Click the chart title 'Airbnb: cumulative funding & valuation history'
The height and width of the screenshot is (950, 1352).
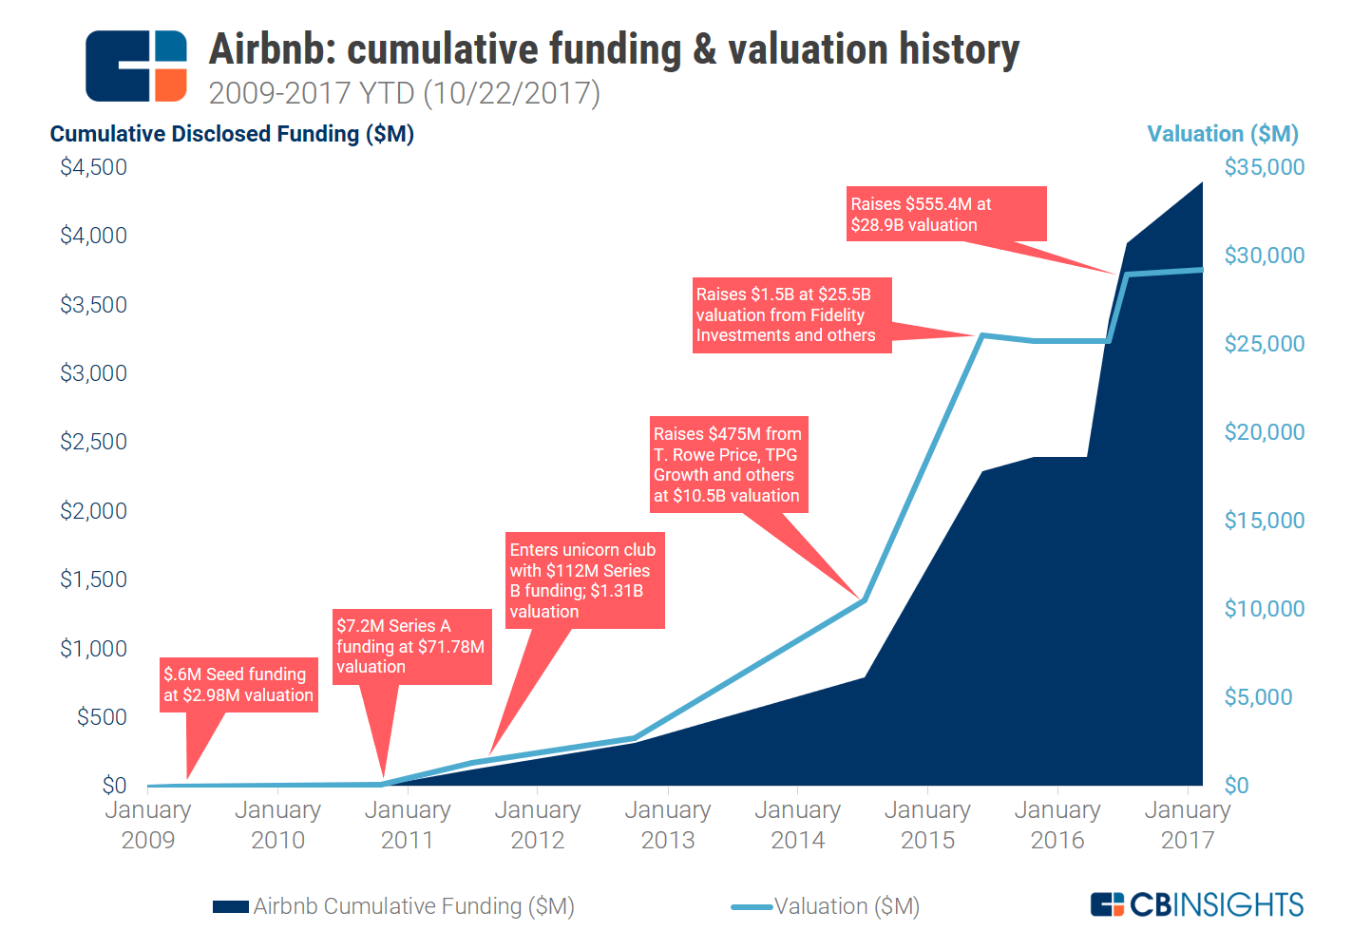[614, 49]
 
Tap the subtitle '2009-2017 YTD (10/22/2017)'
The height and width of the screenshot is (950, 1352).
[404, 93]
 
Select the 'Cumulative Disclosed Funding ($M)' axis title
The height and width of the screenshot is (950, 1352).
[232, 134]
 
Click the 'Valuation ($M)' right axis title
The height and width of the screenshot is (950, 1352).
[1222, 134]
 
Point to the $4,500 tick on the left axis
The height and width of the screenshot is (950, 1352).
[93, 167]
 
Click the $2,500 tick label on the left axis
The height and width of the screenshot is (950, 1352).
[93, 442]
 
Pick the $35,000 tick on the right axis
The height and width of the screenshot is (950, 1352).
[1264, 167]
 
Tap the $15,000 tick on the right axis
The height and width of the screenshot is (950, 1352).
[1264, 521]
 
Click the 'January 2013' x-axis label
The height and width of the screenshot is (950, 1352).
[667, 825]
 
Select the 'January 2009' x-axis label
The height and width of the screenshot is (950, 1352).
[147, 825]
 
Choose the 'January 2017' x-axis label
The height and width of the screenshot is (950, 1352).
[1187, 825]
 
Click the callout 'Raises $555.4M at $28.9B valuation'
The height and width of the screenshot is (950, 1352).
[946, 215]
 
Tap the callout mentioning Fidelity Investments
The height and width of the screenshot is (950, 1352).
[790, 314]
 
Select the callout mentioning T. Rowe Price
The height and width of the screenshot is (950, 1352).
[728, 465]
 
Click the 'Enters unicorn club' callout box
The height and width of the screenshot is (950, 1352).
[583, 580]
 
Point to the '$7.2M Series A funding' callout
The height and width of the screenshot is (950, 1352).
[411, 646]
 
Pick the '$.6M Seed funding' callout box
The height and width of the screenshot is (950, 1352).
[238, 684]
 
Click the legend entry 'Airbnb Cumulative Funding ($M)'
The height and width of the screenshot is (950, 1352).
[394, 906]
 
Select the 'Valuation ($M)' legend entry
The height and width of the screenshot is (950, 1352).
[827, 906]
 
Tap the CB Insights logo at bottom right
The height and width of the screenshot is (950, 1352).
[1197, 904]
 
